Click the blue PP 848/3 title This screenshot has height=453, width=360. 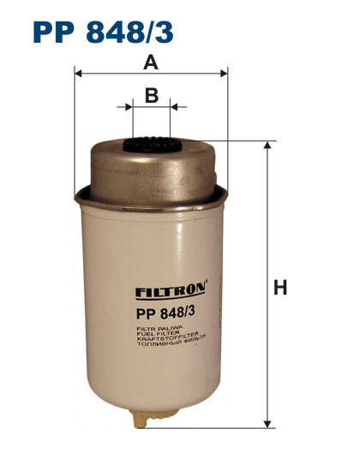pyautogui.click(x=102, y=31)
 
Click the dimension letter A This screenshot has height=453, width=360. pyautogui.click(x=152, y=62)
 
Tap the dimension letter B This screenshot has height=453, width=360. pyautogui.click(x=152, y=95)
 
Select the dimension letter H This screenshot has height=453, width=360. pyautogui.click(x=279, y=289)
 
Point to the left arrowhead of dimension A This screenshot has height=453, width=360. pyautogui.click(x=79, y=74)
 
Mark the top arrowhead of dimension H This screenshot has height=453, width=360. pyautogui.click(x=267, y=146)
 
